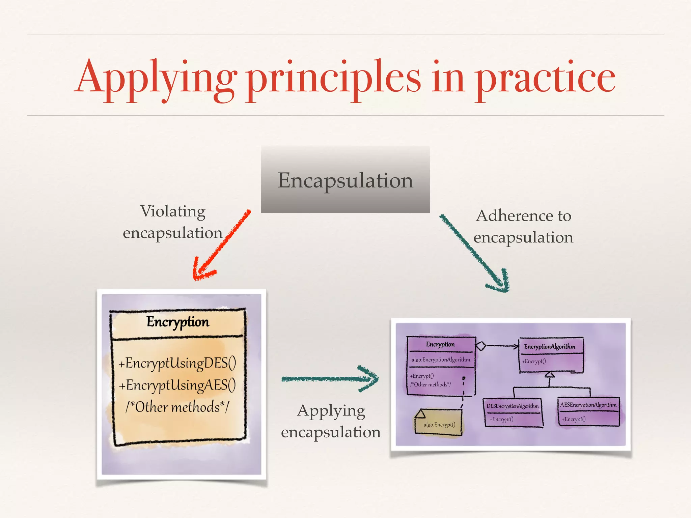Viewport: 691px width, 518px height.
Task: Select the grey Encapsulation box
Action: (x=345, y=180)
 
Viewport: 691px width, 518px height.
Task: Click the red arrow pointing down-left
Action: (x=223, y=244)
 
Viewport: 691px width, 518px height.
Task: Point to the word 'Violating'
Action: (x=173, y=212)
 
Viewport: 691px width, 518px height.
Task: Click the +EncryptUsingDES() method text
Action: (x=177, y=364)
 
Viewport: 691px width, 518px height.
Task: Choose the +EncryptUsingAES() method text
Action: (x=177, y=385)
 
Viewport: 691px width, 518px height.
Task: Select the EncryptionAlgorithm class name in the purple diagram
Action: (x=550, y=347)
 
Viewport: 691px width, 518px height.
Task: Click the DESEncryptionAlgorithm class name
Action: (x=513, y=406)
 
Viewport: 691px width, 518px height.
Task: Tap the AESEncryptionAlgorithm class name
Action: (x=588, y=405)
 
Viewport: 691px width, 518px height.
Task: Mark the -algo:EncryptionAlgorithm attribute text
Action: (x=440, y=359)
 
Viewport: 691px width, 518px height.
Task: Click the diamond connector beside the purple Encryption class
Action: (x=480, y=346)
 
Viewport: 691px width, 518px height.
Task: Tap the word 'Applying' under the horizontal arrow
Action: (x=331, y=411)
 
